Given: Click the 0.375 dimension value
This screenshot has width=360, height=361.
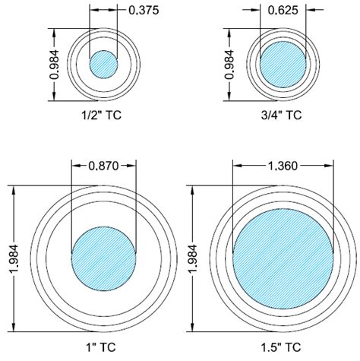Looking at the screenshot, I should tap(139, 10).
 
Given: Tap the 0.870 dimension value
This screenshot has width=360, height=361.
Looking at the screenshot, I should tap(103, 165).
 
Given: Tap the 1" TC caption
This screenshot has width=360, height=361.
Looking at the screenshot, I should tap(103, 350).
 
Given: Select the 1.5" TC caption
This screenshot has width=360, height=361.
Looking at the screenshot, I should tap(282, 350).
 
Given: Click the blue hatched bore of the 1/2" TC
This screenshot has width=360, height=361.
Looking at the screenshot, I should tap(103, 65).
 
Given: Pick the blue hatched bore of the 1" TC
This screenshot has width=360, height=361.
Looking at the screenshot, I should tap(103, 256).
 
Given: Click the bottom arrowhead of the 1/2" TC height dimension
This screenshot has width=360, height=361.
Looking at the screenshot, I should tap(55, 98).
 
